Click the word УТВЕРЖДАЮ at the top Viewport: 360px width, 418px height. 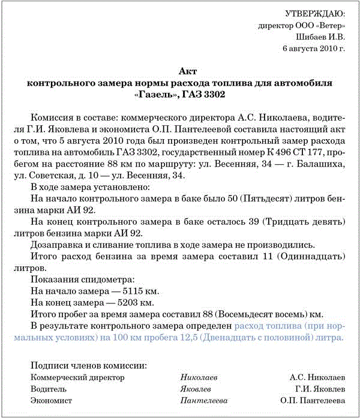pos(314,13)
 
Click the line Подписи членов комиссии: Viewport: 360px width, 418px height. pos(88,365)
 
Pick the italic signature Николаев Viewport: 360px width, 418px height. pos(199,377)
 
